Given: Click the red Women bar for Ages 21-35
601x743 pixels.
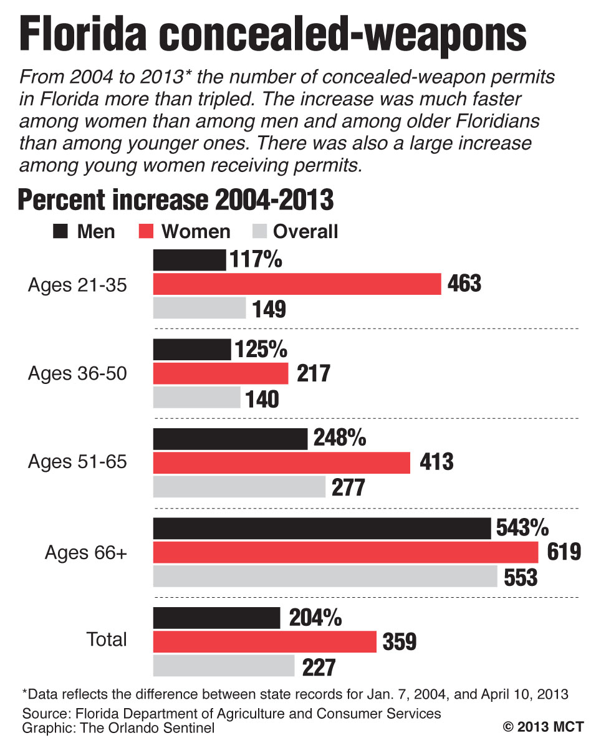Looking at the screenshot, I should click(297, 284).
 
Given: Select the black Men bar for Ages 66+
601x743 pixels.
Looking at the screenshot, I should click(322, 529).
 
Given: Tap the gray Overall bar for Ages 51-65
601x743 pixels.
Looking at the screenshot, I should click(239, 487).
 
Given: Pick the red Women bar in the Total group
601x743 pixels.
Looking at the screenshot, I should click(265, 641).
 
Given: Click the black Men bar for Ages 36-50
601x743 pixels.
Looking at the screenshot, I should click(192, 350).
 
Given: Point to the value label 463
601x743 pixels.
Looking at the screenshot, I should click(464, 284).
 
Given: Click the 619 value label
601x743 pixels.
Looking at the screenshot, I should click(564, 552).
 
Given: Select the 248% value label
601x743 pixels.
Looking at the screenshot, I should click(339, 438).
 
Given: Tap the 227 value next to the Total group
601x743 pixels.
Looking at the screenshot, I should click(319, 667).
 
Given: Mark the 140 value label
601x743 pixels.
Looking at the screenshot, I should click(262, 399).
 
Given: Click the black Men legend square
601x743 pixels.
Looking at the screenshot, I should click(60, 232).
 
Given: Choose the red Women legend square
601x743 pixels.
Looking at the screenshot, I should click(145, 232).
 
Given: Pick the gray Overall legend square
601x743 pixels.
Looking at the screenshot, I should click(259, 232).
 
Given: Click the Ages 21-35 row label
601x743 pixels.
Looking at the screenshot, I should click(77, 285).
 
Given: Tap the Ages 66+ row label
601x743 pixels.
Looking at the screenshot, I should click(86, 552).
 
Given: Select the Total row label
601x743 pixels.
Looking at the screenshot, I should click(107, 640).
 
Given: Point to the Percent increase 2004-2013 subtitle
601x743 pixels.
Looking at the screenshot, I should click(176, 201).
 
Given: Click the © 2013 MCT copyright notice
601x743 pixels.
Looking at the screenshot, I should click(544, 727).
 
